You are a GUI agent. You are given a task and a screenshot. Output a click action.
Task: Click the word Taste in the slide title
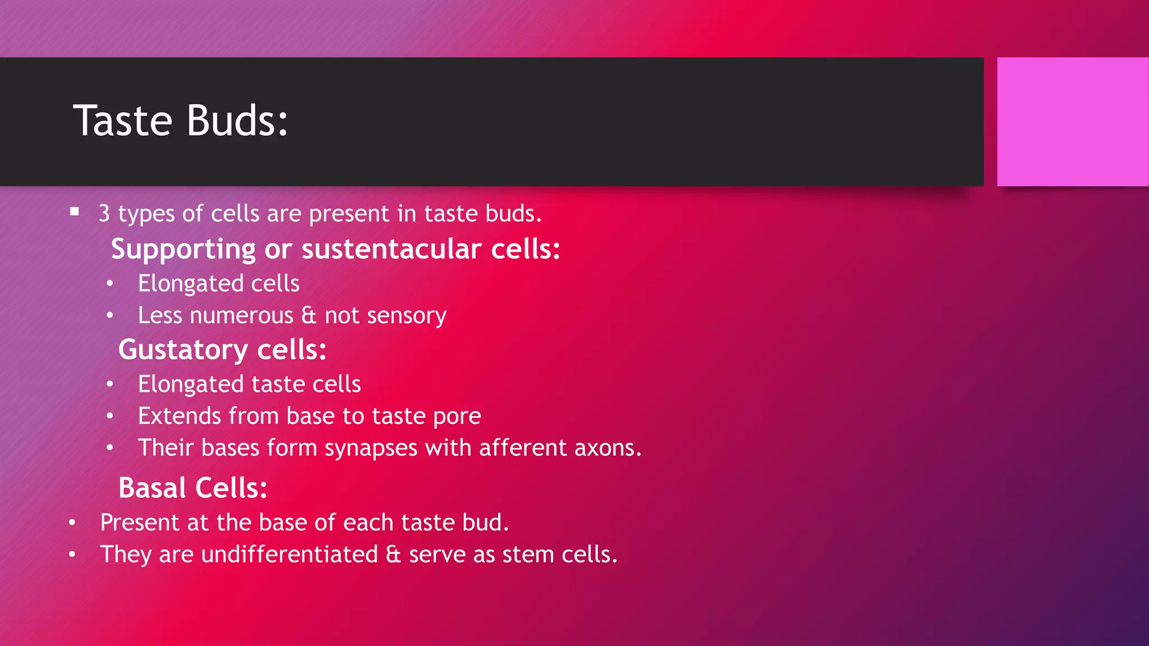pyautogui.click(x=122, y=121)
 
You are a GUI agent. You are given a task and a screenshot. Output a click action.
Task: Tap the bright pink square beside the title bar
pyautogui.click(x=1072, y=122)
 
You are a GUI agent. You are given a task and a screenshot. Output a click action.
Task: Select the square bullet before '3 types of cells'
pyautogui.click(x=75, y=212)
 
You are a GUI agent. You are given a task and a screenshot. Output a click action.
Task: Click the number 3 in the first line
pyautogui.click(x=104, y=214)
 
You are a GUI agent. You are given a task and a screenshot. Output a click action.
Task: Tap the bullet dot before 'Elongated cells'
pyautogui.click(x=110, y=283)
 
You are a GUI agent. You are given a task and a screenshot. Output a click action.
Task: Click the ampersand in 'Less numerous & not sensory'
pyautogui.click(x=309, y=315)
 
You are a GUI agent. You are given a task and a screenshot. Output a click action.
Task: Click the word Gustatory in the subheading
pyautogui.click(x=183, y=350)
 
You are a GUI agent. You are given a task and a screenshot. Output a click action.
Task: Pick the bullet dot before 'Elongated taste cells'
pyautogui.click(x=110, y=384)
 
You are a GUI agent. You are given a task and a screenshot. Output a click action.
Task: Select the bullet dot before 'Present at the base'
pyautogui.click(x=72, y=523)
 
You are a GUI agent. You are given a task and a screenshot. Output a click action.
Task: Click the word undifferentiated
pyautogui.click(x=289, y=555)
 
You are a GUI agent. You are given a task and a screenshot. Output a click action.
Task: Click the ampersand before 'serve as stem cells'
pyautogui.click(x=393, y=555)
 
